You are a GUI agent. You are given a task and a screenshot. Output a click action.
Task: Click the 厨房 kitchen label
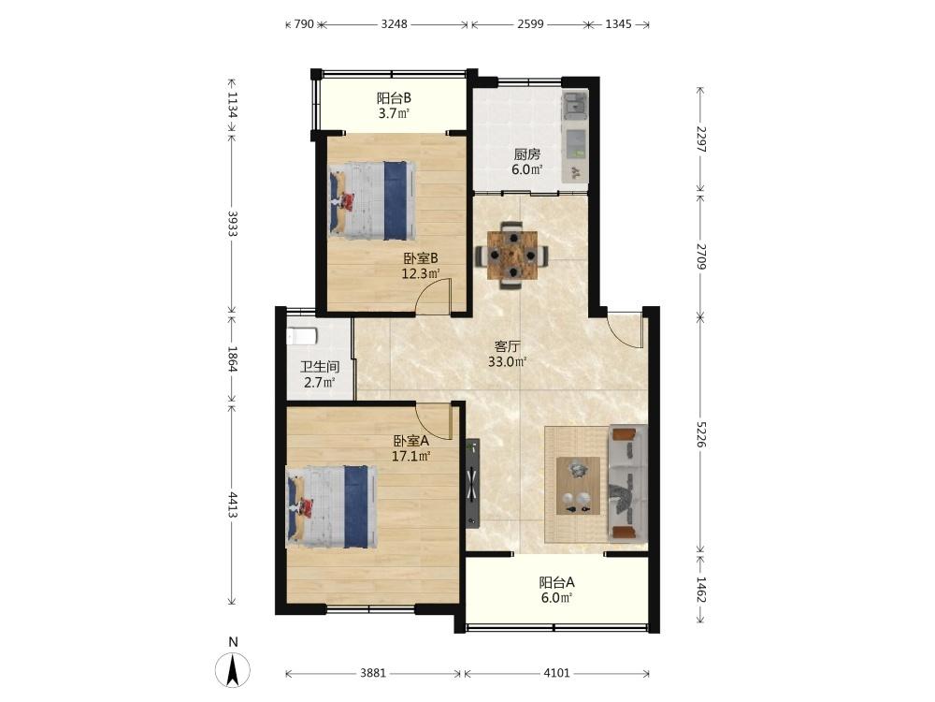[527, 154]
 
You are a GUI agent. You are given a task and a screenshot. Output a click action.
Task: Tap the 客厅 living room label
[508, 346]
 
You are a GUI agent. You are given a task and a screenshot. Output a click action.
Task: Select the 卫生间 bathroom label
[320, 367]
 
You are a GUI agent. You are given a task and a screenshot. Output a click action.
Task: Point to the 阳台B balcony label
[394, 98]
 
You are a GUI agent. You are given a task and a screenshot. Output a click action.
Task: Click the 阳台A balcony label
[556, 582]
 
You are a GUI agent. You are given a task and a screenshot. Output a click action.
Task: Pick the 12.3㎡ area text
[421, 274]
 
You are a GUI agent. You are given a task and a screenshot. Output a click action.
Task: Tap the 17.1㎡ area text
[411, 457]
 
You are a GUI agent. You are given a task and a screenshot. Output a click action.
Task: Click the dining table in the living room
[511, 256]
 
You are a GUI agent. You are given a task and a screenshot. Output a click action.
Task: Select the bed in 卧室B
[372, 200]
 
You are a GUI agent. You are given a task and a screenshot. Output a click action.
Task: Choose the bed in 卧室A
[332, 506]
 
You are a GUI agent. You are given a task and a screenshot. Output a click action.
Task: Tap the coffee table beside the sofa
[578, 486]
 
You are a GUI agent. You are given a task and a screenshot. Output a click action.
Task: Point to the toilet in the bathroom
[301, 336]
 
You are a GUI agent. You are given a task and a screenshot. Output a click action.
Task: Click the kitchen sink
[575, 105]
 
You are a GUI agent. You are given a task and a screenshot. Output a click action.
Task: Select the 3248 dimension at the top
[395, 24]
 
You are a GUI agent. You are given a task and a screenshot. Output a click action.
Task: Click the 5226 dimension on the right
[701, 434]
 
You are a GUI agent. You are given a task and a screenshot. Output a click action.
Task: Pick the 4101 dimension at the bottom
[556, 673]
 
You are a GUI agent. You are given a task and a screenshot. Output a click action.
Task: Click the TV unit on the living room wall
[472, 484]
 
